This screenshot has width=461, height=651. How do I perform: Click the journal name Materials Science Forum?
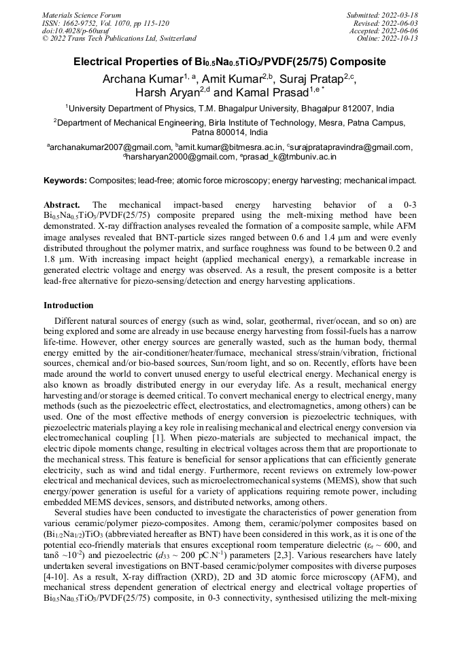point(82,14)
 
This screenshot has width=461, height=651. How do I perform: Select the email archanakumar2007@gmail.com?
point(110,147)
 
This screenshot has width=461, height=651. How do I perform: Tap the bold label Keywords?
point(65,181)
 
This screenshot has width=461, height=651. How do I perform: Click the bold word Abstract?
point(62,204)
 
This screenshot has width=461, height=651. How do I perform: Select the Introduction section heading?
point(69,305)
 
